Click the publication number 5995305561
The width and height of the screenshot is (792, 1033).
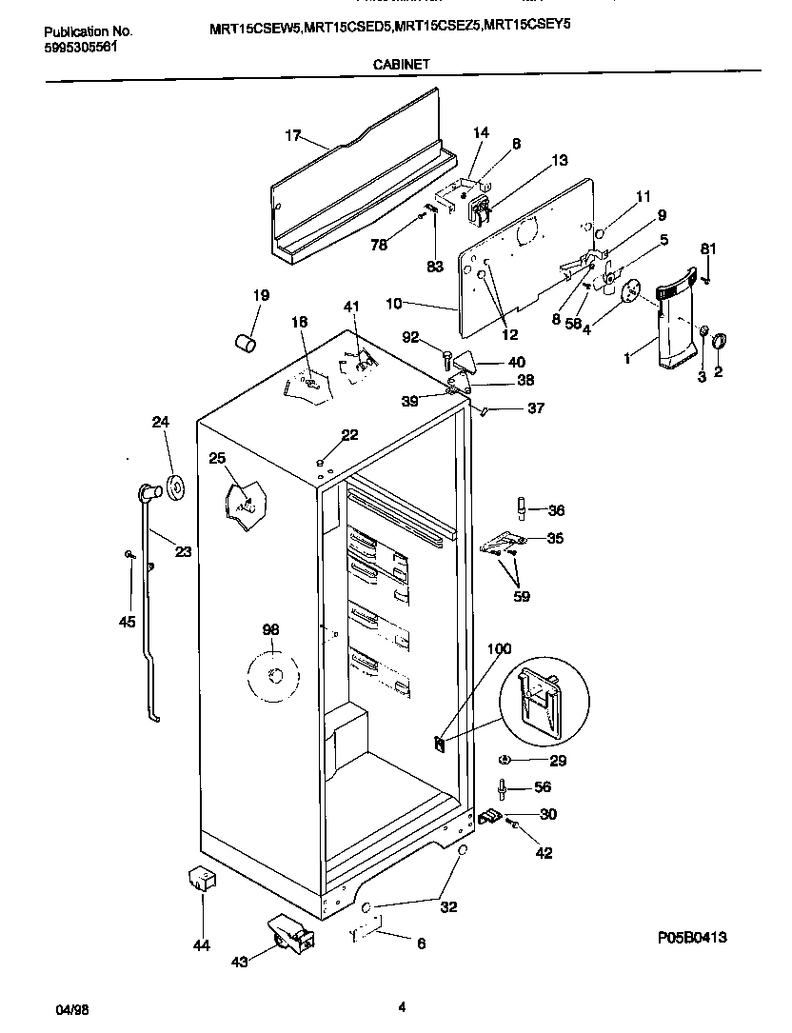click(x=81, y=46)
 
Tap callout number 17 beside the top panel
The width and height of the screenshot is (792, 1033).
click(x=293, y=135)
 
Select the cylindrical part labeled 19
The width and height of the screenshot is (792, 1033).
click(x=246, y=341)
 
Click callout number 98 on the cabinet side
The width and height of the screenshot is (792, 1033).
click(x=271, y=629)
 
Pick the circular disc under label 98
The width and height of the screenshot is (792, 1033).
click(x=273, y=676)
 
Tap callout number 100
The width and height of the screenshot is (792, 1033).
click(x=499, y=649)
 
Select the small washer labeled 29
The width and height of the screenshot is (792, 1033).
click(x=505, y=760)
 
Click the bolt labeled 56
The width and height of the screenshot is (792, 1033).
click(x=501, y=787)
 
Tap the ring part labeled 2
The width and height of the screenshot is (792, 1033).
click(x=719, y=340)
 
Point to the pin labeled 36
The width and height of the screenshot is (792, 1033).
click(x=523, y=507)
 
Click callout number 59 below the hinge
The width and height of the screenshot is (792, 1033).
click(x=522, y=597)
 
